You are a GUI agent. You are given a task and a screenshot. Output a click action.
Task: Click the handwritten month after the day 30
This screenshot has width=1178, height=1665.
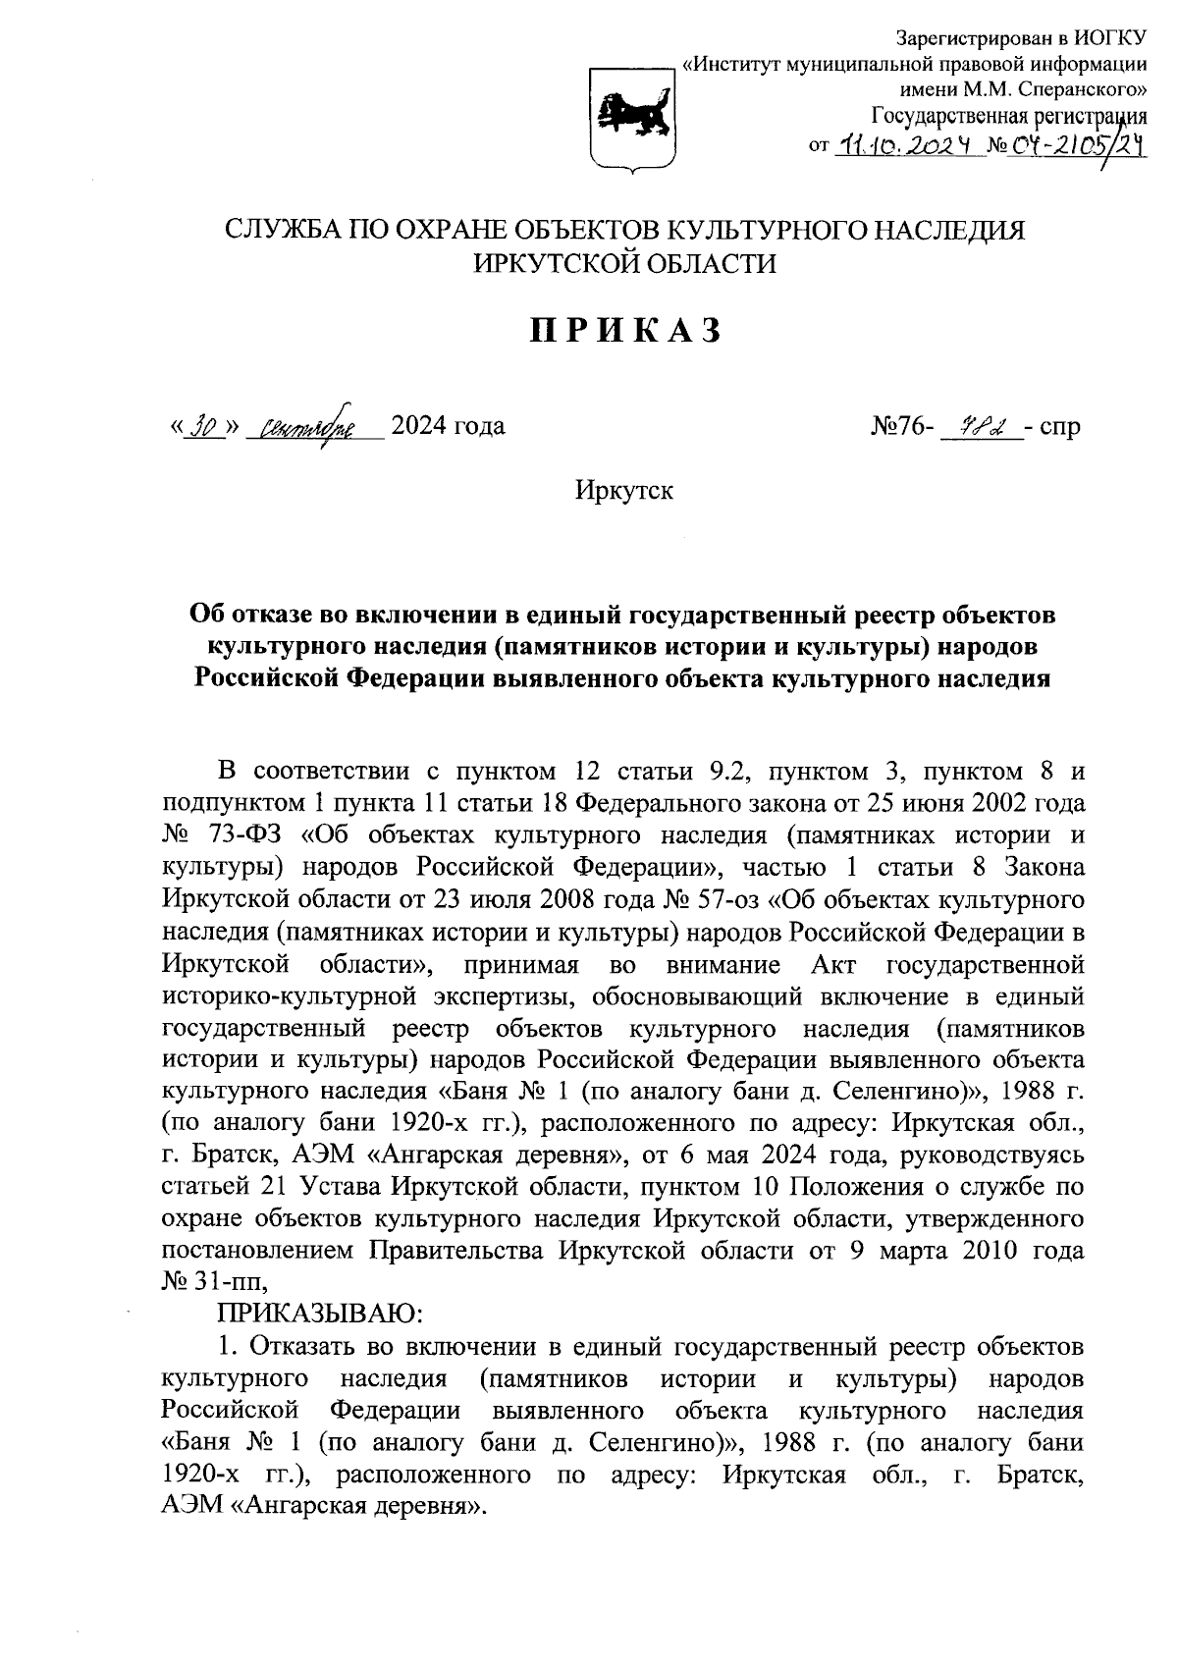coord(308,428)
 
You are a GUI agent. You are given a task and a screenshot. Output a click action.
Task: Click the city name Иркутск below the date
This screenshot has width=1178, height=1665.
coord(624,491)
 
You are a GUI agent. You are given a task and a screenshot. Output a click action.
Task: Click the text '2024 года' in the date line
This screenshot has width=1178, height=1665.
coord(448,427)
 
